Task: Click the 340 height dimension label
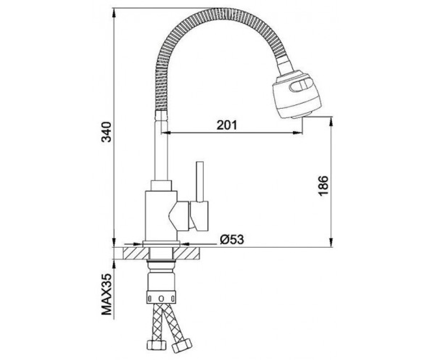pos(106,132)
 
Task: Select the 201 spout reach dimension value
pos(226,125)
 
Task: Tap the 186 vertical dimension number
pos(323,186)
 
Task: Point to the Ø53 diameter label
pos(232,240)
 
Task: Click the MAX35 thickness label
pos(106,297)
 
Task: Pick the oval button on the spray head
pos(301,84)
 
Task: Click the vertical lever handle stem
pos(200,181)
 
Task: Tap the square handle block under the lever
pos(199,216)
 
